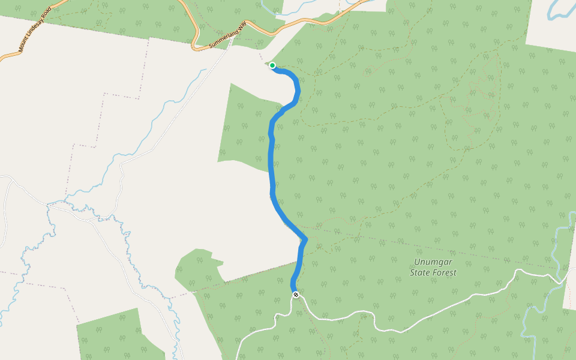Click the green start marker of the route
(272, 65)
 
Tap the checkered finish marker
(296, 295)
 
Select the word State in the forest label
(420, 272)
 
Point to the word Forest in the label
(445, 272)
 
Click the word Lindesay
(33, 31)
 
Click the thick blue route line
(271, 168)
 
